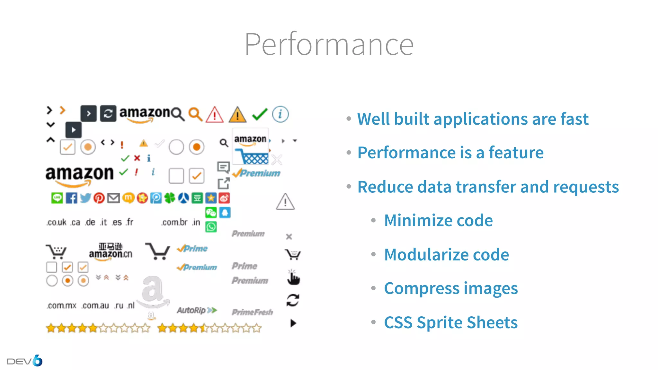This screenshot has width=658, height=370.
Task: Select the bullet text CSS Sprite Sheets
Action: tap(450, 322)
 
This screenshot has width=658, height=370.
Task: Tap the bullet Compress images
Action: tap(450, 288)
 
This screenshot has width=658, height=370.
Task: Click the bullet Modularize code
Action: tap(446, 254)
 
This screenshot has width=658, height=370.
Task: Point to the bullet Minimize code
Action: tap(438, 220)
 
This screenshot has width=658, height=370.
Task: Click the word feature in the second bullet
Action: tap(516, 152)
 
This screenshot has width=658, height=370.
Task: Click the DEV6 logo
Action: tap(25, 361)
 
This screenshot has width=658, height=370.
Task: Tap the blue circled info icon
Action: tap(280, 114)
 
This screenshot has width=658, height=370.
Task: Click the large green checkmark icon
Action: tap(260, 114)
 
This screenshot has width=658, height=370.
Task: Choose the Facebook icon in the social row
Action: tap(71, 198)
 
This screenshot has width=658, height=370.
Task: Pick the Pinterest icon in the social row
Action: tap(99, 198)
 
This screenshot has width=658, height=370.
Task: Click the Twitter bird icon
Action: tap(85, 198)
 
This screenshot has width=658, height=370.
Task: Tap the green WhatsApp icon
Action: tap(211, 227)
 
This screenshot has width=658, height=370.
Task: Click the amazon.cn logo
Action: tap(110, 251)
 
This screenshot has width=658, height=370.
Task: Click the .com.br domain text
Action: tap(174, 222)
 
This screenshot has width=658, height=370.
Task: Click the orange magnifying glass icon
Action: tap(195, 114)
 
